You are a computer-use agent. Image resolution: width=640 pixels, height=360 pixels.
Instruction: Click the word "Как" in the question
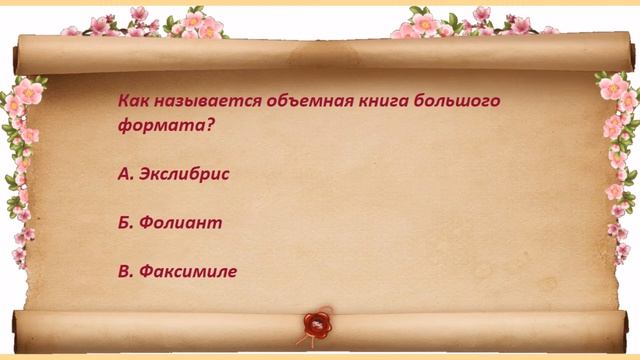(132, 103)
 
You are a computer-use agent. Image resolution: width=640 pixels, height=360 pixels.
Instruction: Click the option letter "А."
(127, 174)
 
